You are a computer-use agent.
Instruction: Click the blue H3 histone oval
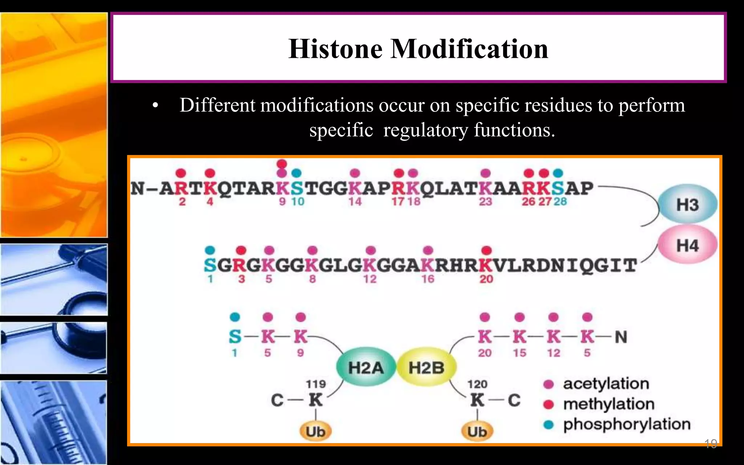coord(687,205)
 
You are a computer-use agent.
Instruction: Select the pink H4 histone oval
coord(687,246)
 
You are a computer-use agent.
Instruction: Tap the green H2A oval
coord(365,368)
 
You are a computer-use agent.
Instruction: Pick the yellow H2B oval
coord(426,368)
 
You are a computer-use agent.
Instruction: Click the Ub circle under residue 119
coord(315,432)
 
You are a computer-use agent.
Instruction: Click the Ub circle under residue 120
coord(477,432)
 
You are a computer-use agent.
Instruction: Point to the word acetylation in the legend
coord(606,384)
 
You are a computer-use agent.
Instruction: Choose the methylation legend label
coord(608,404)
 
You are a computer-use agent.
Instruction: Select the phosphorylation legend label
coord(627,424)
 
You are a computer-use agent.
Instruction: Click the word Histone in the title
coord(335,49)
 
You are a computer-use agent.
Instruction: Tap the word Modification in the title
coord(469,49)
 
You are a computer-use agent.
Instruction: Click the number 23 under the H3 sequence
coord(485,202)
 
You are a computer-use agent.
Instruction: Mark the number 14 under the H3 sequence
coord(355,202)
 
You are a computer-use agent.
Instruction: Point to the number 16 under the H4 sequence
coord(428,279)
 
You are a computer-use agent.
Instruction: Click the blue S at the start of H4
coord(210,266)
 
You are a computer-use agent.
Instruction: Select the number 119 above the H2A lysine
coord(316,384)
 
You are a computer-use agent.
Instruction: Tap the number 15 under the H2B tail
coord(519,353)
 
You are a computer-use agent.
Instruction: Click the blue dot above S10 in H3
coord(297,173)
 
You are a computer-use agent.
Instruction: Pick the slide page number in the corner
coord(711,443)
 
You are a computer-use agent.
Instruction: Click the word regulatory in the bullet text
coord(425,130)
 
